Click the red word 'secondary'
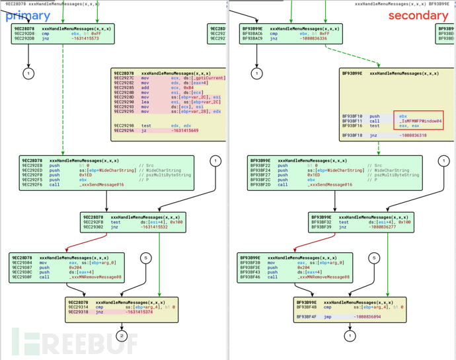[x=418, y=15]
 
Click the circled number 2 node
[x=121, y=336]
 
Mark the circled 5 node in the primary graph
[x=147, y=258]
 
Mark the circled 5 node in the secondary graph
[x=374, y=258]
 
